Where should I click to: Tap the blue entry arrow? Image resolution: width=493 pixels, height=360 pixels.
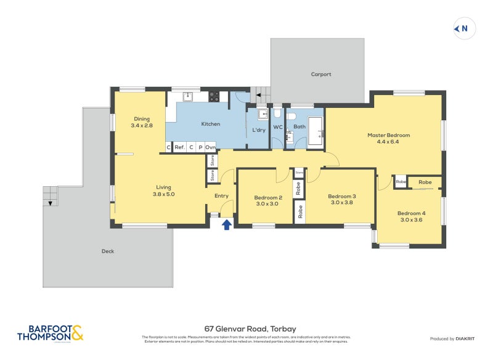pyautogui.click(x=226, y=224)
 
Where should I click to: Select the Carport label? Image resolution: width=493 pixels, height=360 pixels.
pyautogui.click(x=320, y=75)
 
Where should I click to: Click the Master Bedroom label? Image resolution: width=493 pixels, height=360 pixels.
pyautogui.click(x=388, y=135)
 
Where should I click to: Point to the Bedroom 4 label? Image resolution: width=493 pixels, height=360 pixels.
pyautogui.click(x=412, y=213)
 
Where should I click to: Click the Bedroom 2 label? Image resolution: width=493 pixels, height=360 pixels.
pyautogui.click(x=268, y=198)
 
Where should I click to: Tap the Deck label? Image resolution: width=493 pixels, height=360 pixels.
pyautogui.click(x=108, y=251)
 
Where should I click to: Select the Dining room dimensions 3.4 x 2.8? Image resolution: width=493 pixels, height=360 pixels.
pyautogui.click(x=141, y=126)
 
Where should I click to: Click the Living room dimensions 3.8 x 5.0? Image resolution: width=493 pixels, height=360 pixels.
pyautogui.click(x=163, y=194)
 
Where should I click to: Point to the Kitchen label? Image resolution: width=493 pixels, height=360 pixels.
pyautogui.click(x=211, y=124)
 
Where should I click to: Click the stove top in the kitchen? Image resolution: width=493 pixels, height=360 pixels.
pyautogui.click(x=214, y=96)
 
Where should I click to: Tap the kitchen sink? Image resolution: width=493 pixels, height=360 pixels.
pyautogui.click(x=189, y=96)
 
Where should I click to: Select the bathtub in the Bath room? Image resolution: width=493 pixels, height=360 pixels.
pyautogui.click(x=316, y=131)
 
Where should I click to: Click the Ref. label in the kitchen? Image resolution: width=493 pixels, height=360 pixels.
pyautogui.click(x=179, y=147)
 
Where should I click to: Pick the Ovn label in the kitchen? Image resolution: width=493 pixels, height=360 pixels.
pyautogui.click(x=210, y=147)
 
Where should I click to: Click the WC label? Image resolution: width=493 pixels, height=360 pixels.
pyautogui.click(x=278, y=128)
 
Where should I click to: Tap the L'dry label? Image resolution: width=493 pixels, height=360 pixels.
pyautogui.click(x=258, y=130)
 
